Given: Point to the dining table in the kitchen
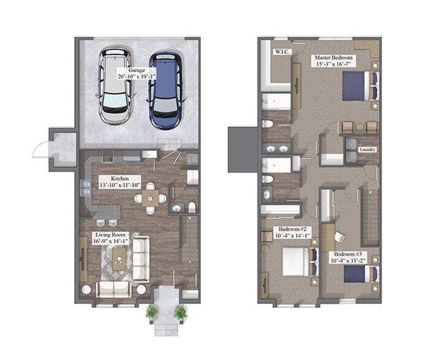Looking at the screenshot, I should (x=150, y=198).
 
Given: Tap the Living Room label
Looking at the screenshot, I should (x=110, y=234).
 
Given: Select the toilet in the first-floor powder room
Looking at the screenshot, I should (x=191, y=206).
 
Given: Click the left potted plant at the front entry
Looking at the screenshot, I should (x=151, y=312).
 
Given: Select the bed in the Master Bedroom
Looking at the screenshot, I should (x=358, y=85).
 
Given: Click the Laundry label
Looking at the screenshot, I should (x=368, y=149).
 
